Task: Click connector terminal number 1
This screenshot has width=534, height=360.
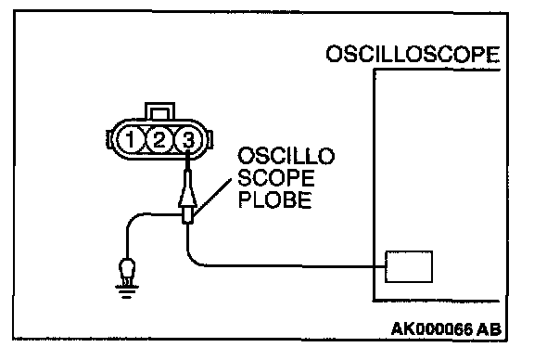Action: coord(130,139)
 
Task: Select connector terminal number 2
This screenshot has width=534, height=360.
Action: coord(159,139)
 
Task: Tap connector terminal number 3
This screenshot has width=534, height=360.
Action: coord(187,139)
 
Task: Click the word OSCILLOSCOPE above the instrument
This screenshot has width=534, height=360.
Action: coord(413,54)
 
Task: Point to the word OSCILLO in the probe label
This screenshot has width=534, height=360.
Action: coord(286,156)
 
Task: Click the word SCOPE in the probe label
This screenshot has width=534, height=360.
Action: coord(276,177)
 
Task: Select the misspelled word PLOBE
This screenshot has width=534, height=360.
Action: coord(275,199)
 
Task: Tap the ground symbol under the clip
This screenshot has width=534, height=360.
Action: coord(127,292)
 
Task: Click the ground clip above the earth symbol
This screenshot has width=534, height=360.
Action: coord(127,271)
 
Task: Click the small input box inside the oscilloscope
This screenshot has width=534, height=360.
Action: coord(409,266)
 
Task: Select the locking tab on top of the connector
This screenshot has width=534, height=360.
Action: coord(159,111)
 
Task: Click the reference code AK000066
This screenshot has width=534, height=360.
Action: coord(432,329)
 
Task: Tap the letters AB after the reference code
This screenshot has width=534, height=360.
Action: coord(489,329)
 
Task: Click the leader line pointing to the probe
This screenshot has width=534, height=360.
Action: coord(211,198)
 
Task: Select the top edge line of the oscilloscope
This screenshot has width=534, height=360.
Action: coord(437,70)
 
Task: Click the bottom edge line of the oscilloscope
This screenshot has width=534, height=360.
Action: coord(437,301)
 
